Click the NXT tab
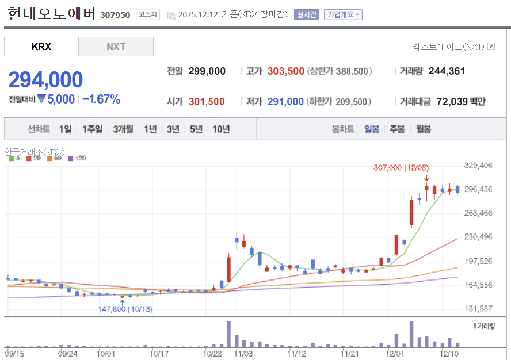pyautogui.click(x=116, y=47)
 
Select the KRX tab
pyautogui.click(x=41, y=47)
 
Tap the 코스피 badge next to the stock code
pyautogui.click(x=148, y=14)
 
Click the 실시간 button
pyautogui.click(x=306, y=14)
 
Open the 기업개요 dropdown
pyautogui.click(x=343, y=14)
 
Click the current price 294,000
pyautogui.click(x=45, y=80)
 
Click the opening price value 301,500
pyautogui.click(x=207, y=102)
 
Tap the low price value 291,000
pyautogui.click(x=285, y=102)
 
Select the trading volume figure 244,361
pyautogui.click(x=447, y=71)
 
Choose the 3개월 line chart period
pyautogui.click(x=123, y=129)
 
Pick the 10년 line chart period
pyautogui.click(x=221, y=129)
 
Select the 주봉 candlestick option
pyautogui.click(x=397, y=129)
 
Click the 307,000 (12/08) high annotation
pyautogui.click(x=400, y=167)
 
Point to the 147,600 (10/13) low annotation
pyautogui.click(x=125, y=309)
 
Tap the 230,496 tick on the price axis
pyautogui.click(x=479, y=236)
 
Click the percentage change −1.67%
pyautogui.click(x=101, y=99)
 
